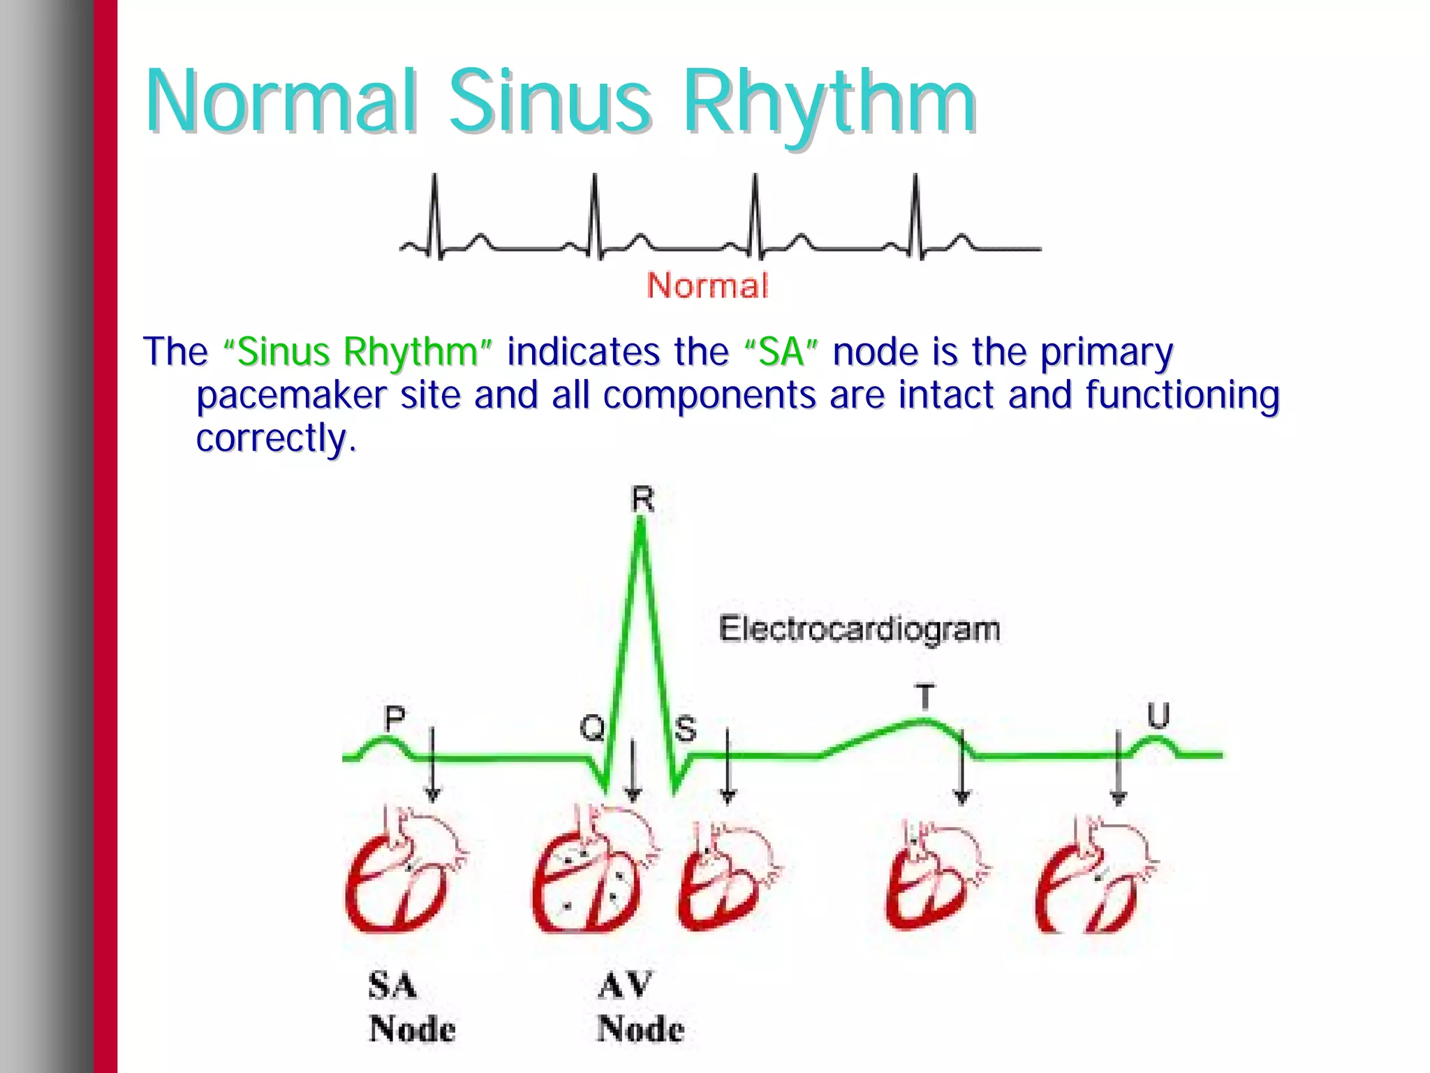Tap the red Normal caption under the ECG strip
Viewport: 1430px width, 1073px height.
click(x=707, y=286)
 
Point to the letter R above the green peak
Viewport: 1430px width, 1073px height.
click(x=642, y=499)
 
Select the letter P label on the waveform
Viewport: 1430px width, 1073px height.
click(x=395, y=718)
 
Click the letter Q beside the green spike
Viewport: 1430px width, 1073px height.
click(x=592, y=728)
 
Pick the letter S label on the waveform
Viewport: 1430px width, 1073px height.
click(x=686, y=729)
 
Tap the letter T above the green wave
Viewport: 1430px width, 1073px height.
click(x=924, y=697)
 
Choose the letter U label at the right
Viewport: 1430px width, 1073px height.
click(x=1158, y=716)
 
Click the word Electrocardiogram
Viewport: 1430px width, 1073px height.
click(x=860, y=629)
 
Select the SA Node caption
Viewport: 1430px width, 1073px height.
click(x=412, y=1007)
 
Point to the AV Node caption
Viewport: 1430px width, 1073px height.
click(x=640, y=1007)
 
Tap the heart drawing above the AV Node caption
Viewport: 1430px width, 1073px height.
click(x=594, y=873)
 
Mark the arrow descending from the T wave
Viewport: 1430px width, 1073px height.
click(x=962, y=768)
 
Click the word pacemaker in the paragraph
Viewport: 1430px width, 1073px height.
click(x=291, y=395)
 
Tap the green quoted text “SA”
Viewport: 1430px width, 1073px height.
click(x=781, y=352)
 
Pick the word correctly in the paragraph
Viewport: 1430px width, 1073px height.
click(x=272, y=438)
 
